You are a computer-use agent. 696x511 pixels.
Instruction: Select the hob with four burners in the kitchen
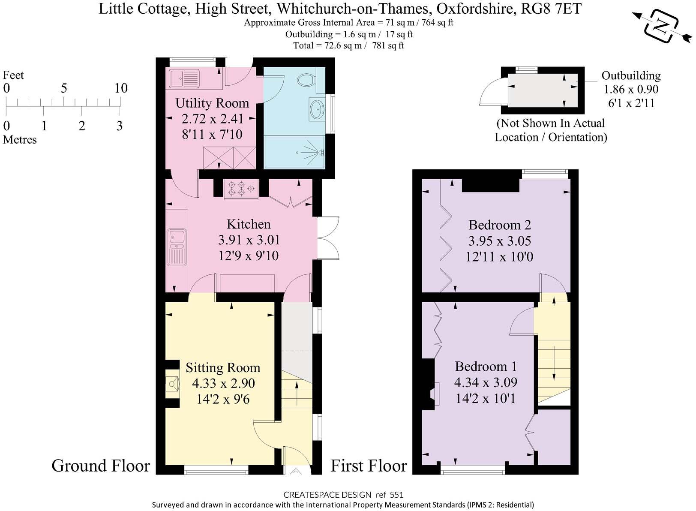pos(241,189)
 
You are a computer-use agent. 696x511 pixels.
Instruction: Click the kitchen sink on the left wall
pos(177,246)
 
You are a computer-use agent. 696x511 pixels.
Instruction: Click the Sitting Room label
pos(223,368)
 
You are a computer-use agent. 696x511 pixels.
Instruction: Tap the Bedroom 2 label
pos(499,225)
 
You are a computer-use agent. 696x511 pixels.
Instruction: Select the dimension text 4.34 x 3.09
pos(486,382)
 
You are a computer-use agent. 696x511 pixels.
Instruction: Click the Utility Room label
pos(212,103)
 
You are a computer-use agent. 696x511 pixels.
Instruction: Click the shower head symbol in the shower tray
pos(319,152)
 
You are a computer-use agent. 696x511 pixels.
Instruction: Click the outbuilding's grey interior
pos(542,90)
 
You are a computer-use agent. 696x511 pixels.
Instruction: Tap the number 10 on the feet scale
pos(121,88)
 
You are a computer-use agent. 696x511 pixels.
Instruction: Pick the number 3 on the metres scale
pos(119,126)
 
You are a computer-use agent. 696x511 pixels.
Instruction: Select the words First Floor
pos(369,466)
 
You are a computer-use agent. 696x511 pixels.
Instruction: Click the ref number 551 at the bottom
pos(396,495)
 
